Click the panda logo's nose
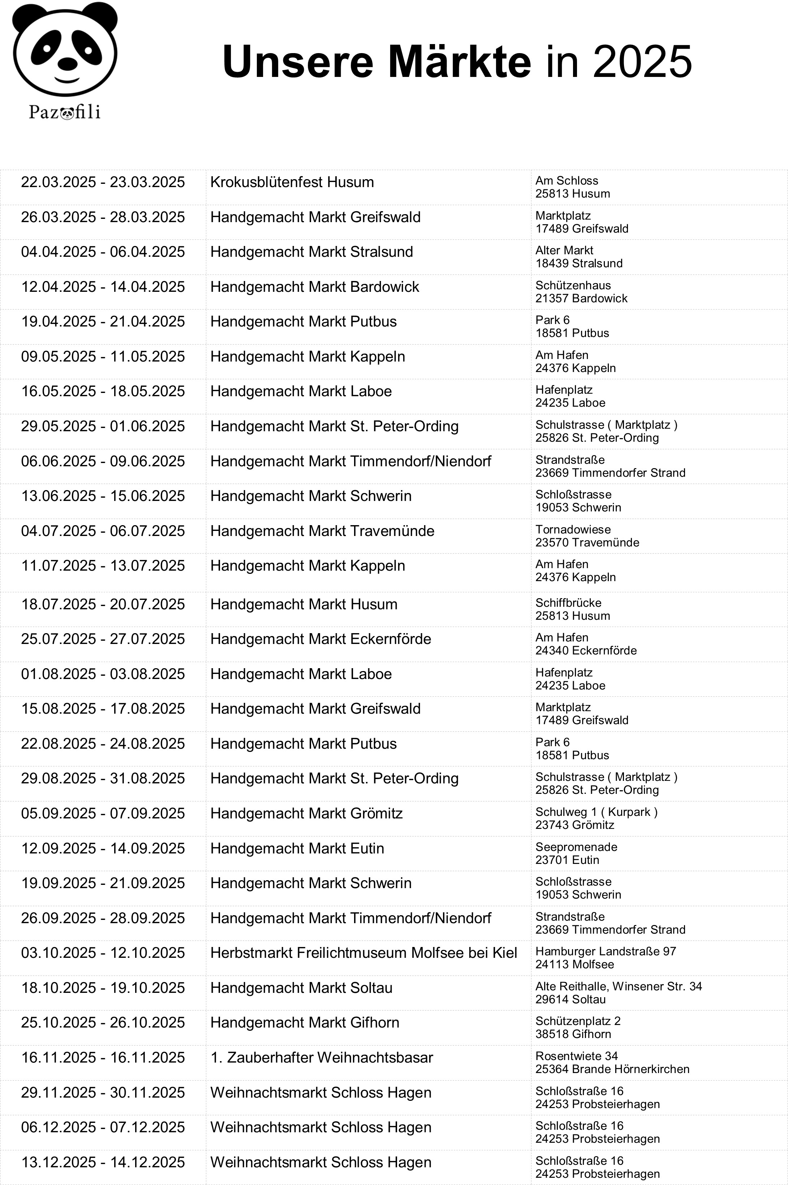[67, 64]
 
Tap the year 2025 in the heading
[643, 62]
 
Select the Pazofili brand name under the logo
[65, 112]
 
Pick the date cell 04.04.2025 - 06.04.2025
[103, 252]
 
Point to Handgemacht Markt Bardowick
[315, 287]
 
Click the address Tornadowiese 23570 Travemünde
[587, 536]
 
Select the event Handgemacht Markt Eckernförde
[320, 639]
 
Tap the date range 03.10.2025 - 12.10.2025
[103, 953]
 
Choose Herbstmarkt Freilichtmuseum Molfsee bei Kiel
[363, 953]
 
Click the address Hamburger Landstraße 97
[606, 951]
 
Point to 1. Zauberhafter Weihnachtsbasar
[322, 1058]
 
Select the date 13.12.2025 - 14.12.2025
[103, 1162]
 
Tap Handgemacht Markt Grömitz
[306, 813]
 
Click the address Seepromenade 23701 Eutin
[576, 853]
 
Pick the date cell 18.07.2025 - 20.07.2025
[103, 604]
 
